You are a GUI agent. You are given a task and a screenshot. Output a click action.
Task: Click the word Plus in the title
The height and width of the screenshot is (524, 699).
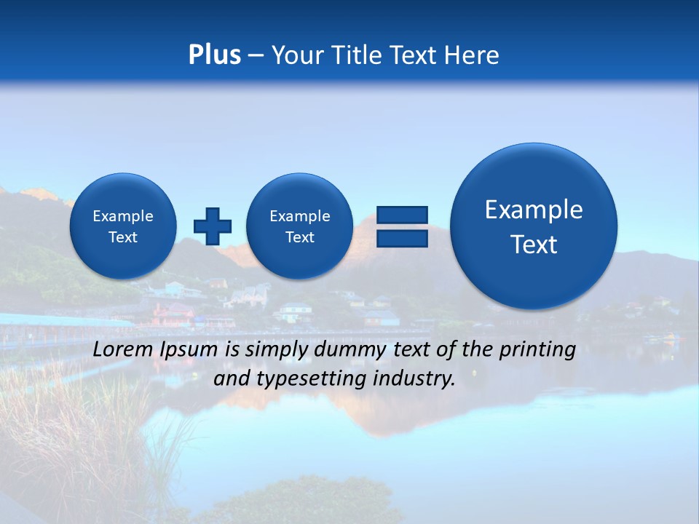(x=214, y=55)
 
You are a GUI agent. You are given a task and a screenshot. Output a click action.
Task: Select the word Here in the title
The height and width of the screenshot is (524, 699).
(x=473, y=55)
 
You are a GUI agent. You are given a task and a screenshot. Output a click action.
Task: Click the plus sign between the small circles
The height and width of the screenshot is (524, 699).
(x=213, y=226)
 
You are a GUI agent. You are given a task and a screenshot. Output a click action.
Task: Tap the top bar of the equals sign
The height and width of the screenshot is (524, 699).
(x=402, y=215)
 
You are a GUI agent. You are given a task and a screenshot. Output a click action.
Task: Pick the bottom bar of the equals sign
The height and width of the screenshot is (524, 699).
(x=402, y=239)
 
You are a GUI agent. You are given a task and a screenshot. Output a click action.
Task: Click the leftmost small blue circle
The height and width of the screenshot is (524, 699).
(x=123, y=226)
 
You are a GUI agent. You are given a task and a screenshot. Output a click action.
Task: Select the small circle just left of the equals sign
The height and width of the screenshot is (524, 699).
(x=299, y=226)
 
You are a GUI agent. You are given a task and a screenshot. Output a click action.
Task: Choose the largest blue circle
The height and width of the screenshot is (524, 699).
(x=534, y=226)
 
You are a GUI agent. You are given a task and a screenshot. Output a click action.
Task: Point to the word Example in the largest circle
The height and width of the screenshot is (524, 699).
(x=534, y=210)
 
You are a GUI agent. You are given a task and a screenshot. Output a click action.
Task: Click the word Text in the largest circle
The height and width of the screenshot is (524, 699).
(x=534, y=245)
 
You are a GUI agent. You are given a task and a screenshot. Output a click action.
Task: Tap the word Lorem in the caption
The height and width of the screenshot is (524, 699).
(x=122, y=349)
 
